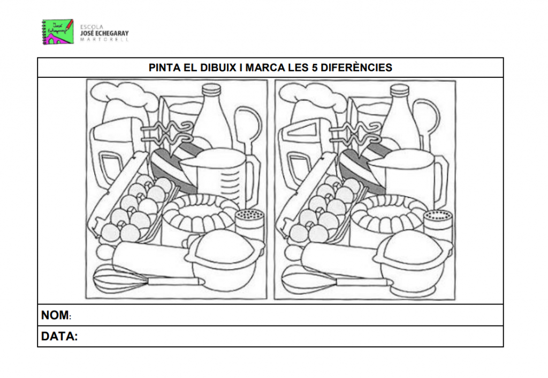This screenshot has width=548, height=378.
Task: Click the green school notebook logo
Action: click(58, 32)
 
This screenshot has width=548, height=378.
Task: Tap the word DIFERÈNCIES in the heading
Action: click(356, 68)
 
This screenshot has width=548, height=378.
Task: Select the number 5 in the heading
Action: click(315, 68)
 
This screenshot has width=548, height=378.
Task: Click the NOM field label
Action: click(55, 315)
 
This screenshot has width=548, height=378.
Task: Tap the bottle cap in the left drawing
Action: click(211, 90)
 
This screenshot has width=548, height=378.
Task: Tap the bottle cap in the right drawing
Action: click(399, 90)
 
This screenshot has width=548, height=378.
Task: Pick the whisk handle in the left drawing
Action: click(176, 281)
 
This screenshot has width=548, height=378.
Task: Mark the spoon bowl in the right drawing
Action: click(427, 117)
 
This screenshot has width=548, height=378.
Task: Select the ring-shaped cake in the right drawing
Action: click(389, 214)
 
